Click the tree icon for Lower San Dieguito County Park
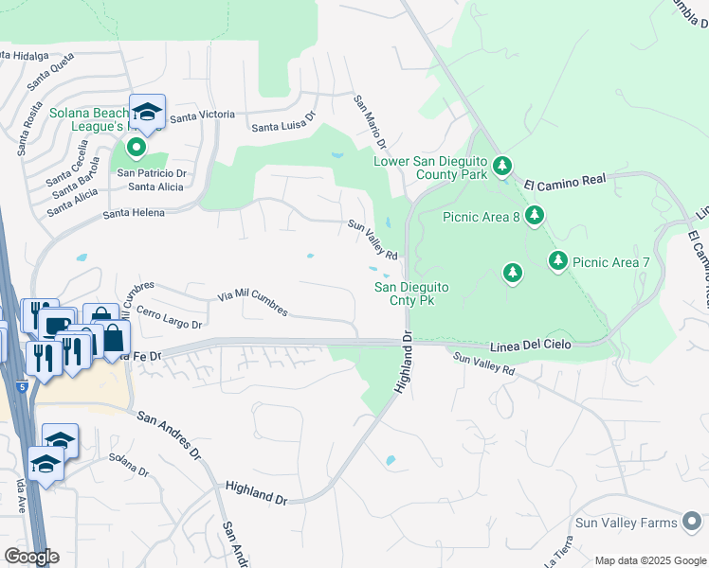[x=502, y=168]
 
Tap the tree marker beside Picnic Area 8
[x=535, y=217]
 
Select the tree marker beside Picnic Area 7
[x=558, y=260]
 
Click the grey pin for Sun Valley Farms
[x=693, y=523]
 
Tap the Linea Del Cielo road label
[x=532, y=346]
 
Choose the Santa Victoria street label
[x=202, y=115]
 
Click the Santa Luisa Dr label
[x=282, y=127]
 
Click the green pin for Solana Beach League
[x=136, y=148]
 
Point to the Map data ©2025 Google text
[x=650, y=560]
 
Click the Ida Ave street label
[x=20, y=496]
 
